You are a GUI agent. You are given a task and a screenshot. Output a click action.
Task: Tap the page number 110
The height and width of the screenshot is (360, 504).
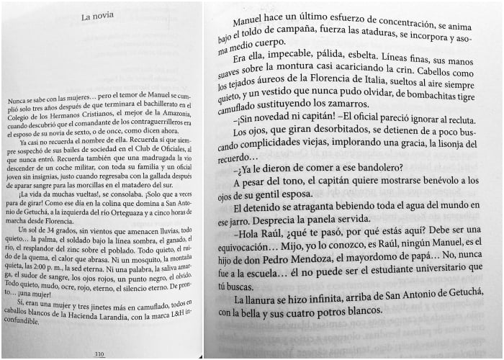click(x=99, y=354)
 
